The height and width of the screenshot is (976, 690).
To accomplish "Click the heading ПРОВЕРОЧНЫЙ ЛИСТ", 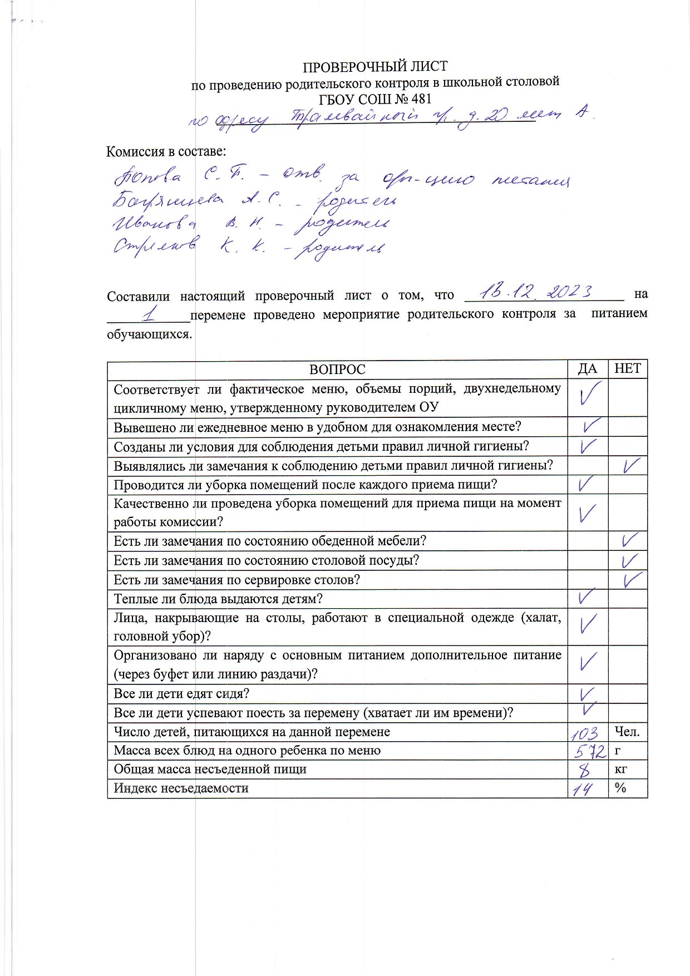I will (x=374, y=67).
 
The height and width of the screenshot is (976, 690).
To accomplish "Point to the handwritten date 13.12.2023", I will (x=537, y=291).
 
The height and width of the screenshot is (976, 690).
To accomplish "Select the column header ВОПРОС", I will (x=337, y=369).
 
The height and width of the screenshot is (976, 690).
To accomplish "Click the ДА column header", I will (x=588, y=369).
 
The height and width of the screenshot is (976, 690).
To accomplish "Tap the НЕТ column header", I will (x=627, y=369).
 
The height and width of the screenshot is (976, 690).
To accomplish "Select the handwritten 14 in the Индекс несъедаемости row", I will (x=583, y=789).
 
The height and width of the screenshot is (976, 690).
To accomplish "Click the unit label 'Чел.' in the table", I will (x=627, y=732).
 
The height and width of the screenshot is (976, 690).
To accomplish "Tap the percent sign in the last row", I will (x=620, y=788).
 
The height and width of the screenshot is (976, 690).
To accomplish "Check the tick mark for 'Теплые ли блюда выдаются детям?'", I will (x=586, y=598).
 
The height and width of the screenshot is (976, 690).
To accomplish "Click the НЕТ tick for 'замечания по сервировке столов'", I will (x=633, y=580).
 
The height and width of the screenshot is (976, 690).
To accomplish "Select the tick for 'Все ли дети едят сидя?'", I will (x=587, y=693).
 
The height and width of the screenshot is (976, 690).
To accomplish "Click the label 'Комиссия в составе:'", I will (x=166, y=151).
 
